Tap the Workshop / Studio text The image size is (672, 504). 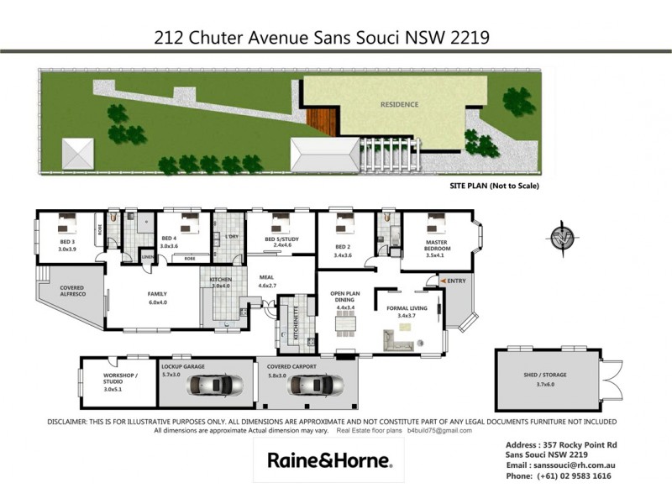tap(118, 379)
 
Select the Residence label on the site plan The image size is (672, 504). tap(398, 106)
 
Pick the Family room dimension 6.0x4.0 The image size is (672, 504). tap(159, 302)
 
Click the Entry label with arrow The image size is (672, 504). tap(454, 281)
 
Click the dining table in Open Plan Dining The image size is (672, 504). tap(345, 328)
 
